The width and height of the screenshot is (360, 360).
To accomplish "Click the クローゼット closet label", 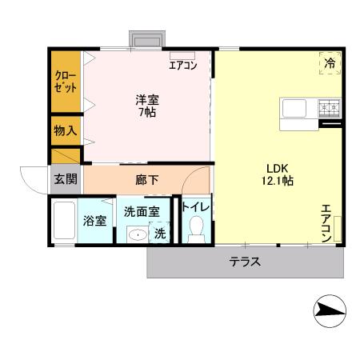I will click(66, 81).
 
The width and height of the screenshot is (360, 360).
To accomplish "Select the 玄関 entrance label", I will click(66, 179).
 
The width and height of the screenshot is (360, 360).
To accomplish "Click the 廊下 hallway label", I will click(146, 180).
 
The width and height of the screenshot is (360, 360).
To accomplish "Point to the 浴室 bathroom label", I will click(95, 221).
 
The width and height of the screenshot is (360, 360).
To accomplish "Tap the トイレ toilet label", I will click(196, 207).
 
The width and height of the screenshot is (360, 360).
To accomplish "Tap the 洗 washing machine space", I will click(160, 234).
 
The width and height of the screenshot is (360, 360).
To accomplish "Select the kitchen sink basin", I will click(291, 106).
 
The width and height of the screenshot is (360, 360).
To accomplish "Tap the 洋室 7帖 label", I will click(146, 105).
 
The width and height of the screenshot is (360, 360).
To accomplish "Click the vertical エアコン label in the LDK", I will click(326, 223).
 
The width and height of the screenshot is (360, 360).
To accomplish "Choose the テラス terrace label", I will click(246, 262).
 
